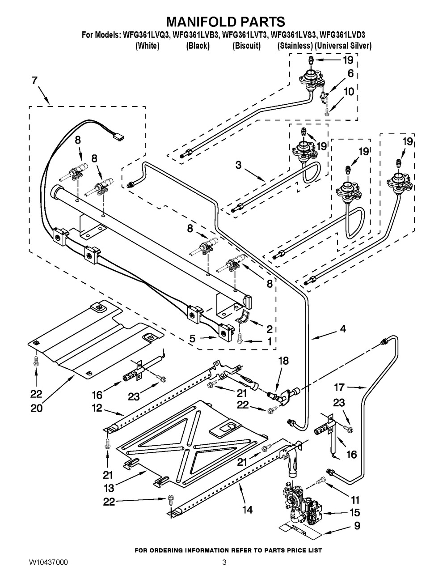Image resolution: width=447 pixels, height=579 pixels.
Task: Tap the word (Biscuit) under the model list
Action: [x=246, y=46]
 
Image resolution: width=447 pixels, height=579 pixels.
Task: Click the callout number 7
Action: [x=34, y=81]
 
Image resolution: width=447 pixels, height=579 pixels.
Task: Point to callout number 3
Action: [x=238, y=165]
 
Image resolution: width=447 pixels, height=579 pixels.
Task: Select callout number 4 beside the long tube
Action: [x=342, y=329]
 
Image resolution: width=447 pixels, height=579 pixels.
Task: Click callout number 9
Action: [x=357, y=526]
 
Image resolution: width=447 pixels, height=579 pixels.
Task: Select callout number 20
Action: [x=36, y=408]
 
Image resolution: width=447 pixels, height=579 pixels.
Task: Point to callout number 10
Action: [x=349, y=92]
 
